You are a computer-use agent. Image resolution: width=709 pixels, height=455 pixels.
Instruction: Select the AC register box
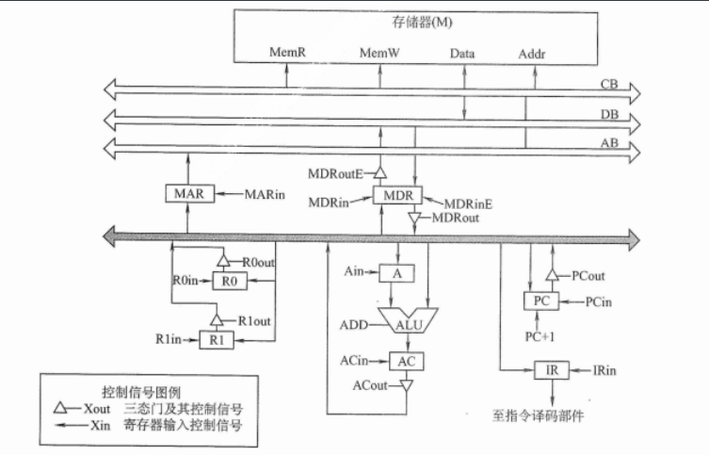click(x=406, y=361)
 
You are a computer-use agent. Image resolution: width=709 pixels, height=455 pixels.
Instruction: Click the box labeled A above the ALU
click(x=396, y=272)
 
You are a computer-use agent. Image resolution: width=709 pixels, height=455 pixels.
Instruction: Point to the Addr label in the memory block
click(x=532, y=55)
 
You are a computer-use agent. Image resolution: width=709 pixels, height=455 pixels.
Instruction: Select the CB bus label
click(x=609, y=85)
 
